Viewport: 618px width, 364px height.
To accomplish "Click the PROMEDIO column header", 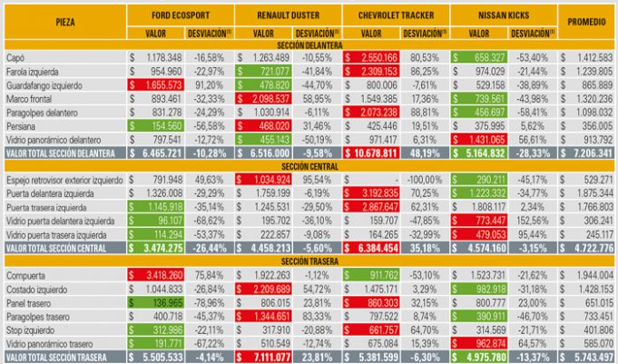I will (587, 21).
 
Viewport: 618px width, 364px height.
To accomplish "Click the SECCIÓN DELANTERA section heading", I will (308, 46).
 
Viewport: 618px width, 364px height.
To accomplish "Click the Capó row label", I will (17, 57).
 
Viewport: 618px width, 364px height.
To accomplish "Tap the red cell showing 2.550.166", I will (371, 57).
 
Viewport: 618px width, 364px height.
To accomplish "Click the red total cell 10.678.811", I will (371, 155).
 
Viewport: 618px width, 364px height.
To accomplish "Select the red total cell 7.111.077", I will (261, 358).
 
